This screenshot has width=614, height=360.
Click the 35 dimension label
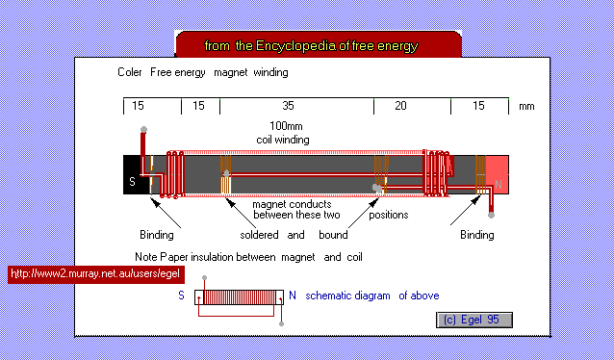tap(289, 106)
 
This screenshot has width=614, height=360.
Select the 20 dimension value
tap(401, 106)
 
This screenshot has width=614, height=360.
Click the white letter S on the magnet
tap(132, 180)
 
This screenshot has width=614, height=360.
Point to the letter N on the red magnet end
tap(499, 180)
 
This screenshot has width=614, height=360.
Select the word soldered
tap(259, 235)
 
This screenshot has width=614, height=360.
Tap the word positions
tap(389, 215)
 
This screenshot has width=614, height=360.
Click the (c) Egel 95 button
tap(474, 319)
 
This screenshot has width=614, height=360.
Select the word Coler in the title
tap(130, 72)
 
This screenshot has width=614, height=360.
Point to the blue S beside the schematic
tap(181, 296)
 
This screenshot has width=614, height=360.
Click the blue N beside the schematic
tap(293, 296)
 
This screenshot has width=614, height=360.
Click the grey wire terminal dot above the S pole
tap(143, 129)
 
